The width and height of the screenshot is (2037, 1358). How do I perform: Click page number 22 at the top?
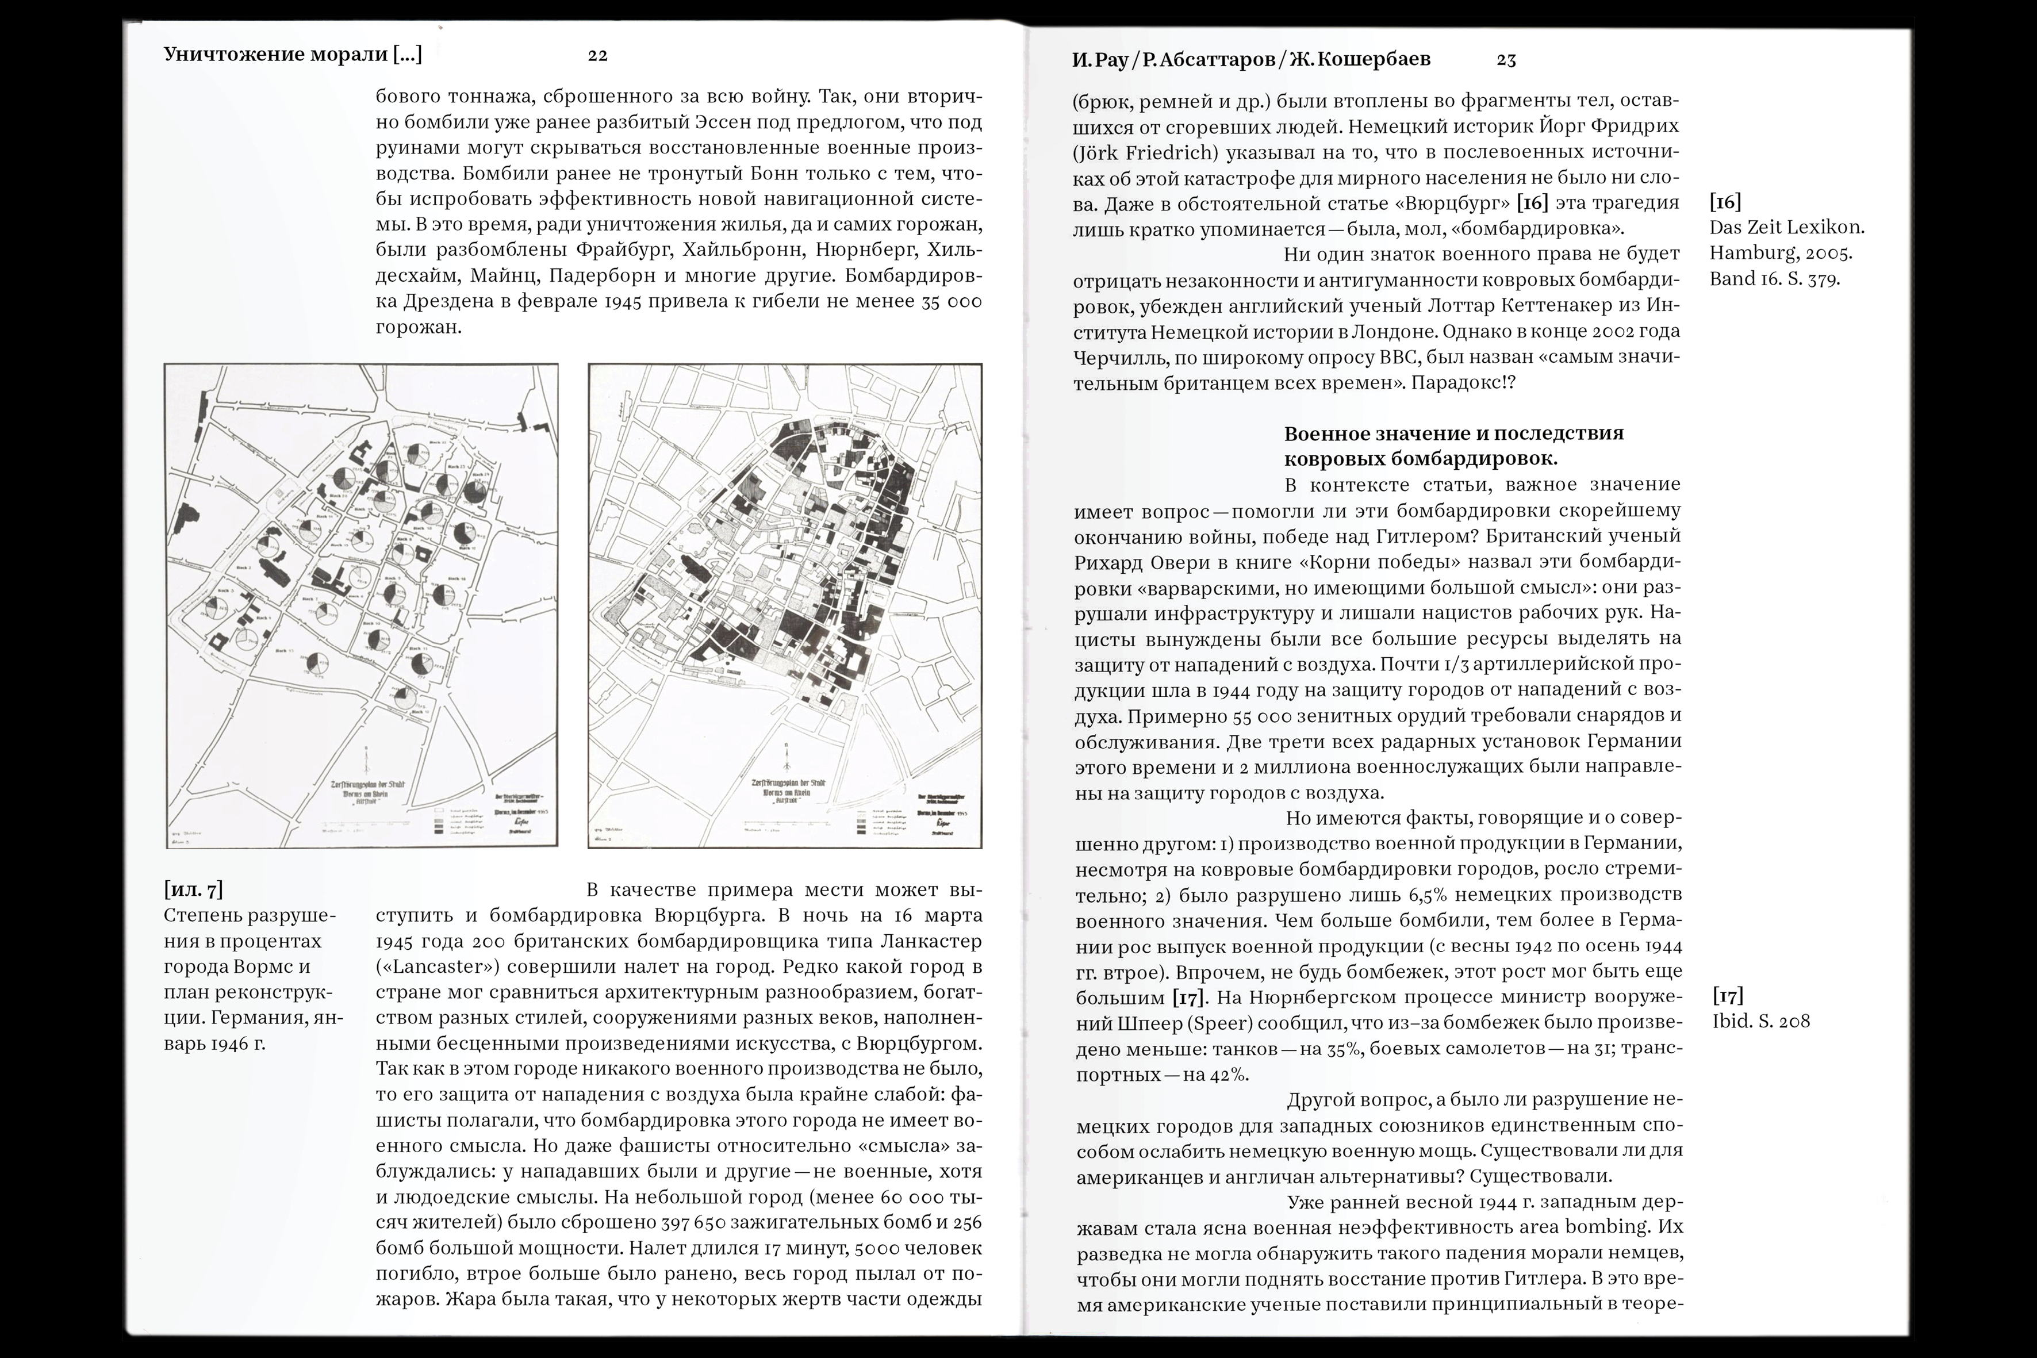tap(597, 55)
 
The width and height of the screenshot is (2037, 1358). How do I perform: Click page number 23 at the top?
tap(1506, 60)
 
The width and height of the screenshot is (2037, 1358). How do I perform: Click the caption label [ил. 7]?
tap(193, 889)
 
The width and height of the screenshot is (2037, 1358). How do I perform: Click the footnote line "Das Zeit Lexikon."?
tap(1786, 228)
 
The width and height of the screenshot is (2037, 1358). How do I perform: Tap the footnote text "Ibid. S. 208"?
tap(1760, 1021)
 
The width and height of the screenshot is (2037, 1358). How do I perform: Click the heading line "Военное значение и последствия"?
tap(1453, 433)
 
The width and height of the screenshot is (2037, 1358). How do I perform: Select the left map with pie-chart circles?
tap(361, 604)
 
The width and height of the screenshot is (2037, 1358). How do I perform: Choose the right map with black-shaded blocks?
tap(785, 604)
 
